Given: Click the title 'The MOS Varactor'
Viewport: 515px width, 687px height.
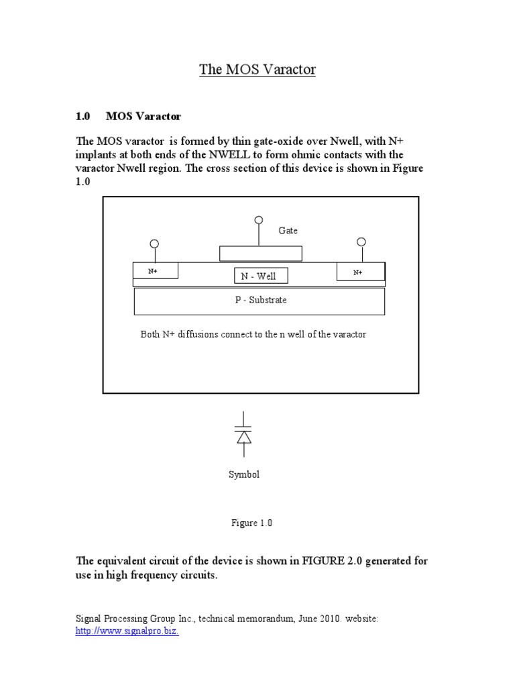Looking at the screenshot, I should coord(257,70).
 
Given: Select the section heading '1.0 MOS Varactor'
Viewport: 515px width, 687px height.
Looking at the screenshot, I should coord(128,116).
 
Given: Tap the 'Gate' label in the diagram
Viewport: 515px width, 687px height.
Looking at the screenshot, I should coord(288,230).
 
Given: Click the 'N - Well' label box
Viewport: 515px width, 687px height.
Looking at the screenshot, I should coord(258,276).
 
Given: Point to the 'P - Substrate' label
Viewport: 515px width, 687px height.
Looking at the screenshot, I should coord(260,300).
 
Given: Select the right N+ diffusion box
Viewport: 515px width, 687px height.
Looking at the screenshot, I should coord(360,272).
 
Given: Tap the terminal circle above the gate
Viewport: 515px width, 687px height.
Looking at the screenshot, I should coord(259,220).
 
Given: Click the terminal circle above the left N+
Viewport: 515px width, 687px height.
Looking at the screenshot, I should coord(154,244).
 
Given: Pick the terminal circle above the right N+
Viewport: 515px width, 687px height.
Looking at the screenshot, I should coord(361,242).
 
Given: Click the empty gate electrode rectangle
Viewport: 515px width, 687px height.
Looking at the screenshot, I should coord(261,254).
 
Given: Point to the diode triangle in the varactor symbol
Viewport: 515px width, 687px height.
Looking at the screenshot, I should coord(244,437).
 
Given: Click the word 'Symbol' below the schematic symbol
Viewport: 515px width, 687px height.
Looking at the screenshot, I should coord(244,474).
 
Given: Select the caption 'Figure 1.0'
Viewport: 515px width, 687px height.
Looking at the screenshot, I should coord(252,523).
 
